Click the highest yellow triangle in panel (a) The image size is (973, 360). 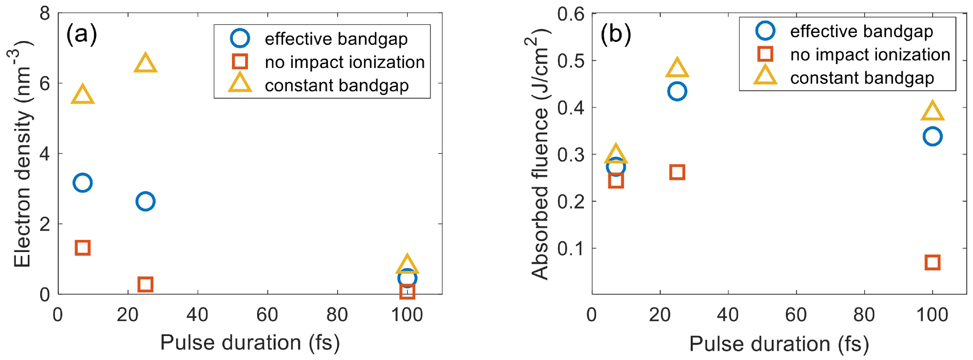(145, 63)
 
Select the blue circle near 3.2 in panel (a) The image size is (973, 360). (83, 183)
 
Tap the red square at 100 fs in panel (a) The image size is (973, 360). (407, 291)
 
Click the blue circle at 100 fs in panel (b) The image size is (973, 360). (932, 136)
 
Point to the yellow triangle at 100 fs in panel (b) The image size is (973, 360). (932, 111)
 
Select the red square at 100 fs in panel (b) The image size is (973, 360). (932, 262)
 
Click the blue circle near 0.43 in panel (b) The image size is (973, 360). (677, 92)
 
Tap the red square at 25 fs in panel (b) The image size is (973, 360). (677, 172)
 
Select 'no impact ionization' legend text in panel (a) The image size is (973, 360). (344, 62)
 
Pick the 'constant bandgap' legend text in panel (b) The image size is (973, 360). (862, 78)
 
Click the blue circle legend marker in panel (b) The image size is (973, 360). (765, 31)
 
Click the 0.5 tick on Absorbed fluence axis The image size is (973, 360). (570, 60)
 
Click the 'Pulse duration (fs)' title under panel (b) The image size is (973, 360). (779, 344)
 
